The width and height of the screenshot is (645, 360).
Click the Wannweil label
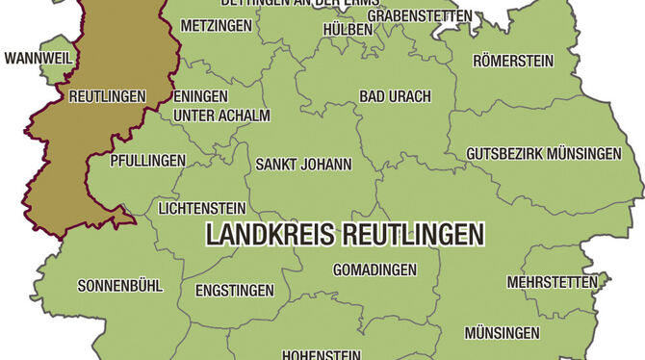pyautogui.click(x=39, y=59)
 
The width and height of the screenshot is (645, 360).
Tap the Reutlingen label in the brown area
pyautogui.click(x=107, y=96)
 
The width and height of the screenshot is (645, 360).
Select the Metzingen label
pyautogui.click(x=216, y=24)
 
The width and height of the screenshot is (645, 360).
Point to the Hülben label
pyautogui.click(x=348, y=30)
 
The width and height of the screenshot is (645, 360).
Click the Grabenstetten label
pyautogui.click(x=420, y=16)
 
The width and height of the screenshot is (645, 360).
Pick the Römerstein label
pyautogui.click(x=513, y=61)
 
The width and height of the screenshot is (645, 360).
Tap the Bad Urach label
pyautogui.click(x=395, y=96)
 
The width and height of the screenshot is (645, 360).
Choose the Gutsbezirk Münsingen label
pyautogui.click(x=543, y=153)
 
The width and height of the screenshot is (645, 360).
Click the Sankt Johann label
pyautogui.click(x=303, y=165)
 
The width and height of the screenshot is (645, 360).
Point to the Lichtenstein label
pyautogui.click(x=201, y=207)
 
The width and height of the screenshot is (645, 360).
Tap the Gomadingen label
pyautogui.click(x=374, y=270)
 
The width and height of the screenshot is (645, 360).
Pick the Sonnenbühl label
pyautogui.click(x=120, y=285)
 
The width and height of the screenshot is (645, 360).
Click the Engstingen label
pyautogui.click(x=234, y=290)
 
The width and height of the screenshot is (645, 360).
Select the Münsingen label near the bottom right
pyautogui.click(x=502, y=333)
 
